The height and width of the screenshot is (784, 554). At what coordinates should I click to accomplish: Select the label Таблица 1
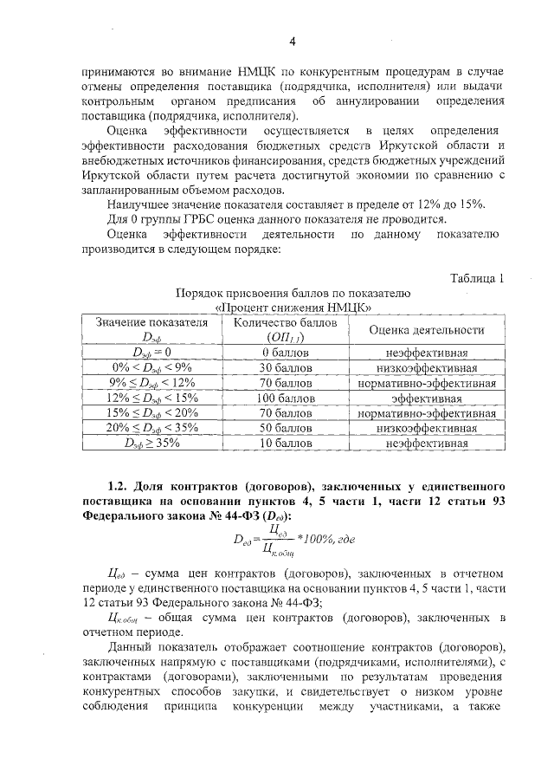click(477, 278)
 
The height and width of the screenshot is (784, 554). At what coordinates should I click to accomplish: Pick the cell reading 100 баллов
click(274, 398)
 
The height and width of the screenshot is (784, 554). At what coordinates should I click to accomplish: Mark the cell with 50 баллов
click(274, 428)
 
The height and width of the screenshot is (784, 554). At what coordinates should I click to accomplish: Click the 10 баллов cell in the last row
click(274, 443)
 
